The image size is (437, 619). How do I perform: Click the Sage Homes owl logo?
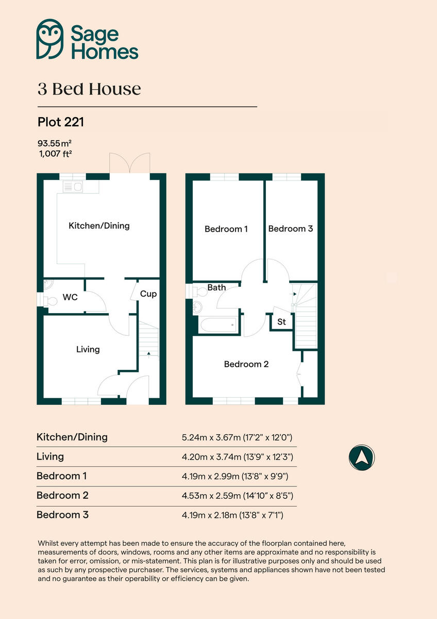point(50,39)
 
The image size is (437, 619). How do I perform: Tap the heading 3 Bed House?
point(89,89)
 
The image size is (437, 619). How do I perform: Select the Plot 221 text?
point(60,122)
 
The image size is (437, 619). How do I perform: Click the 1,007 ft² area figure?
point(55,153)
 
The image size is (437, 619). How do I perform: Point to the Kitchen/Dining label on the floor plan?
point(99,225)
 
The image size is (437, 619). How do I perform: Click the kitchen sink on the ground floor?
point(72,187)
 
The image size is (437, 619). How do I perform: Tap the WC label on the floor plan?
point(70,297)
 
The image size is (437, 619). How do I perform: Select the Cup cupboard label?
point(148,294)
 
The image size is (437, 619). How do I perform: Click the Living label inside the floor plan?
point(88,349)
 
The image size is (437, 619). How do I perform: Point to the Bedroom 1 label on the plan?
point(226,229)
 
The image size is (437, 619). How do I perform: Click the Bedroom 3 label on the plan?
point(290,229)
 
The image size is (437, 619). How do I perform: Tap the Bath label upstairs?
point(216,287)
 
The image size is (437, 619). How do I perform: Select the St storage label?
point(281,322)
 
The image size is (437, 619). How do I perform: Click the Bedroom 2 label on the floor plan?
point(246,364)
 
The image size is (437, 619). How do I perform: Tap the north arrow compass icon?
point(361,457)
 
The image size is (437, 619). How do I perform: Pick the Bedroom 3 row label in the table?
point(62,515)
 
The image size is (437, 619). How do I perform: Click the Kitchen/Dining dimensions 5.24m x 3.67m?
point(237,437)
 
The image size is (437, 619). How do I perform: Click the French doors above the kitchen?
point(130,164)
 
